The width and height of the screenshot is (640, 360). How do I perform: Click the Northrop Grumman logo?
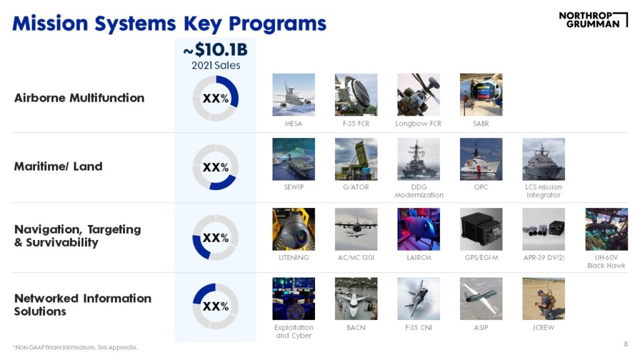click(593, 19)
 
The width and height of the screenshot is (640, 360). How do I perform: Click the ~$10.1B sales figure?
click(216, 50)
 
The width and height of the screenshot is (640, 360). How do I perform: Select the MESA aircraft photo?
click(294, 95)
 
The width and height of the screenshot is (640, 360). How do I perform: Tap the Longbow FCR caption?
click(418, 123)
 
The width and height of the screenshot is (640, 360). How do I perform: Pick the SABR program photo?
click(481, 95)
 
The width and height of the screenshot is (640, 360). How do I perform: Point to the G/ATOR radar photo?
click(356, 159)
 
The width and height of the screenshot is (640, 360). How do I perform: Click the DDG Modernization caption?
click(419, 191)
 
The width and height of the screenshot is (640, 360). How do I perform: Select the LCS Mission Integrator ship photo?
click(544, 159)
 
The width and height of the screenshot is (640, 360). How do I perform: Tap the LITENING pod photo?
click(294, 229)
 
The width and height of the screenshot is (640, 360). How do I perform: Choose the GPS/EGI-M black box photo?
click(481, 229)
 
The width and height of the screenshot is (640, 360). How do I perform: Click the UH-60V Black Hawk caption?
click(606, 262)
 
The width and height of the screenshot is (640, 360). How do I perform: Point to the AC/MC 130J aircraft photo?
click(356, 229)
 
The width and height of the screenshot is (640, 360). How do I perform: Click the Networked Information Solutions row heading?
click(82, 305)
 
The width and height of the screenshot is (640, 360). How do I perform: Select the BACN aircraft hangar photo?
click(356, 299)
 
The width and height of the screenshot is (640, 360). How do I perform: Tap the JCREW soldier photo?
click(544, 299)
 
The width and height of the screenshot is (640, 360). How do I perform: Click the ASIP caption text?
click(481, 327)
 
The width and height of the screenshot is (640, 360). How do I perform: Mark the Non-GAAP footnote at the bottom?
click(75, 347)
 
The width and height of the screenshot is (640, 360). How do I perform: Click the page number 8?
click(626, 344)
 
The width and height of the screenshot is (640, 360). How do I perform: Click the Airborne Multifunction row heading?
click(79, 98)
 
